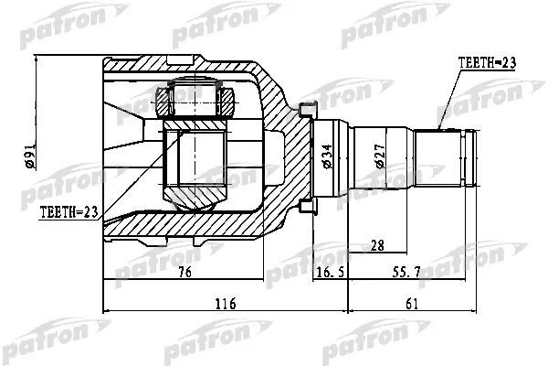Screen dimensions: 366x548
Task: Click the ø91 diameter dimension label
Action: [29, 157]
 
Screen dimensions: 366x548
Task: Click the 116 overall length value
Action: [225, 304]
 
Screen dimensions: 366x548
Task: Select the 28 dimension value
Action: [376, 244]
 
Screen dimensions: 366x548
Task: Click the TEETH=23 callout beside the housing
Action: [68, 212]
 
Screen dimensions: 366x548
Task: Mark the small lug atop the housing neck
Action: [306, 111]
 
